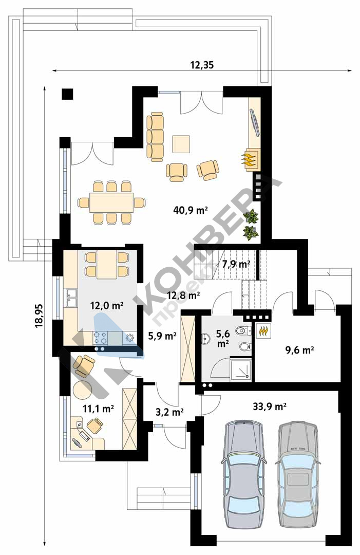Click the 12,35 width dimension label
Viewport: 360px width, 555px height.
click(x=202, y=65)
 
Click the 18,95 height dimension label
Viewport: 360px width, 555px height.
click(x=39, y=316)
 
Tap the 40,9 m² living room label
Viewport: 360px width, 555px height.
click(x=190, y=210)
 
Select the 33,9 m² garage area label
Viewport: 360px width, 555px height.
click(x=270, y=406)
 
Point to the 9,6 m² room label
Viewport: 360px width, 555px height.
click(x=299, y=350)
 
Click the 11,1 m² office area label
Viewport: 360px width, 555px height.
click(x=98, y=409)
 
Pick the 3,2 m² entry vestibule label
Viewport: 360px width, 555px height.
click(x=169, y=412)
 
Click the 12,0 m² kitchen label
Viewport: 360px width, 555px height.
click(x=106, y=305)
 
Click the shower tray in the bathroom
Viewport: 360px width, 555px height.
click(x=241, y=369)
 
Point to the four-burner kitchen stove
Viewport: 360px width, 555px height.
click(x=101, y=338)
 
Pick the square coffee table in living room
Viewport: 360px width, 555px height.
click(x=181, y=144)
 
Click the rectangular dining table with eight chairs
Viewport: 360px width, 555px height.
click(x=111, y=202)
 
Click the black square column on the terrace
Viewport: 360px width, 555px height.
click(x=67, y=94)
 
